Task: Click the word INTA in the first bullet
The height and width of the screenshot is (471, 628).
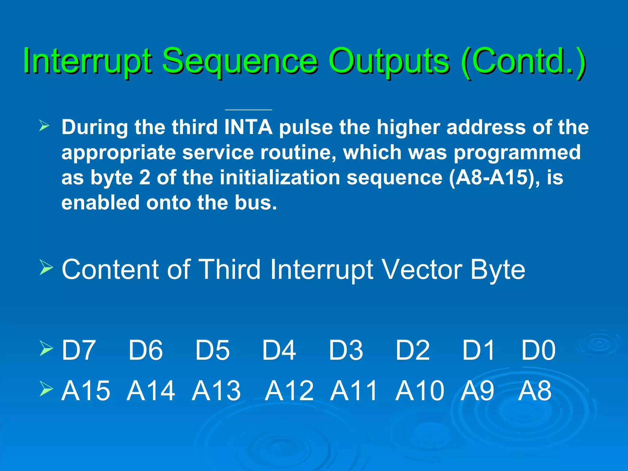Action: (248, 127)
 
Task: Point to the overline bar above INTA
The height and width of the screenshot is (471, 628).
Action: (248, 109)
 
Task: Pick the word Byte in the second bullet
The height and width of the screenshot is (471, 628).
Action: (497, 269)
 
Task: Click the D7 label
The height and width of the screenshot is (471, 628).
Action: (78, 350)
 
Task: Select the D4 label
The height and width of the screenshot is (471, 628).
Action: (279, 350)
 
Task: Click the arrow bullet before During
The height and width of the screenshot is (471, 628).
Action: (44, 126)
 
